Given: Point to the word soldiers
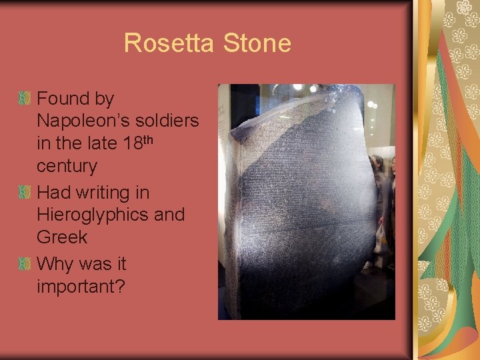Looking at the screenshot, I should click(x=169, y=121).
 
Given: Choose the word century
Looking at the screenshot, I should click(x=67, y=166).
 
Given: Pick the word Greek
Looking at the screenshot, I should click(x=62, y=237).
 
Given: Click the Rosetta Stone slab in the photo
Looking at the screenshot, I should click(x=293, y=207).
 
